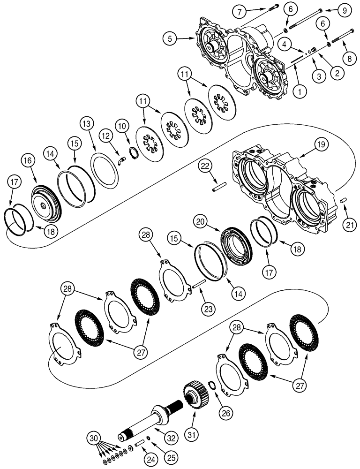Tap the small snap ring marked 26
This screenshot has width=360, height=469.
[x=212, y=386]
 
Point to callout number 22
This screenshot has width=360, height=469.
[x=205, y=165]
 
